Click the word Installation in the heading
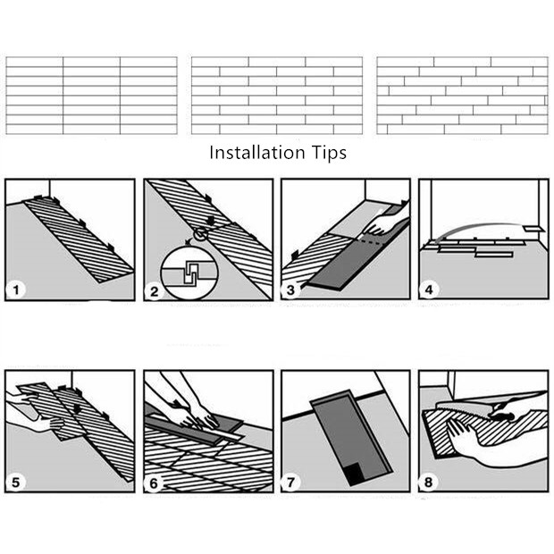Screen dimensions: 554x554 (256, 153)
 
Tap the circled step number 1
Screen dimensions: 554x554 (16, 290)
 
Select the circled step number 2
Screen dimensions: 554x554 (154, 291)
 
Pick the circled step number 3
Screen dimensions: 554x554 (290, 290)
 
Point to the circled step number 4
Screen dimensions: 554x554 (429, 290)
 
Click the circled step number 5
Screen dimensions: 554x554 (16, 483)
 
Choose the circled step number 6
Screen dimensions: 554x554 (154, 483)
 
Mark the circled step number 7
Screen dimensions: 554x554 (290, 483)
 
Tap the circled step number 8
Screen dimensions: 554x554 (428, 483)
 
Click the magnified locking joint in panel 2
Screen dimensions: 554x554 (189, 273)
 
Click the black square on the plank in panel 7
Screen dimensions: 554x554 (356, 474)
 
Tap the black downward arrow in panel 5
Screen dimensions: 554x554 (77, 407)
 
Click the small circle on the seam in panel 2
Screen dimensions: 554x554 (201, 234)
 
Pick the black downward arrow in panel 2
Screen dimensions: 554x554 (211, 221)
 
